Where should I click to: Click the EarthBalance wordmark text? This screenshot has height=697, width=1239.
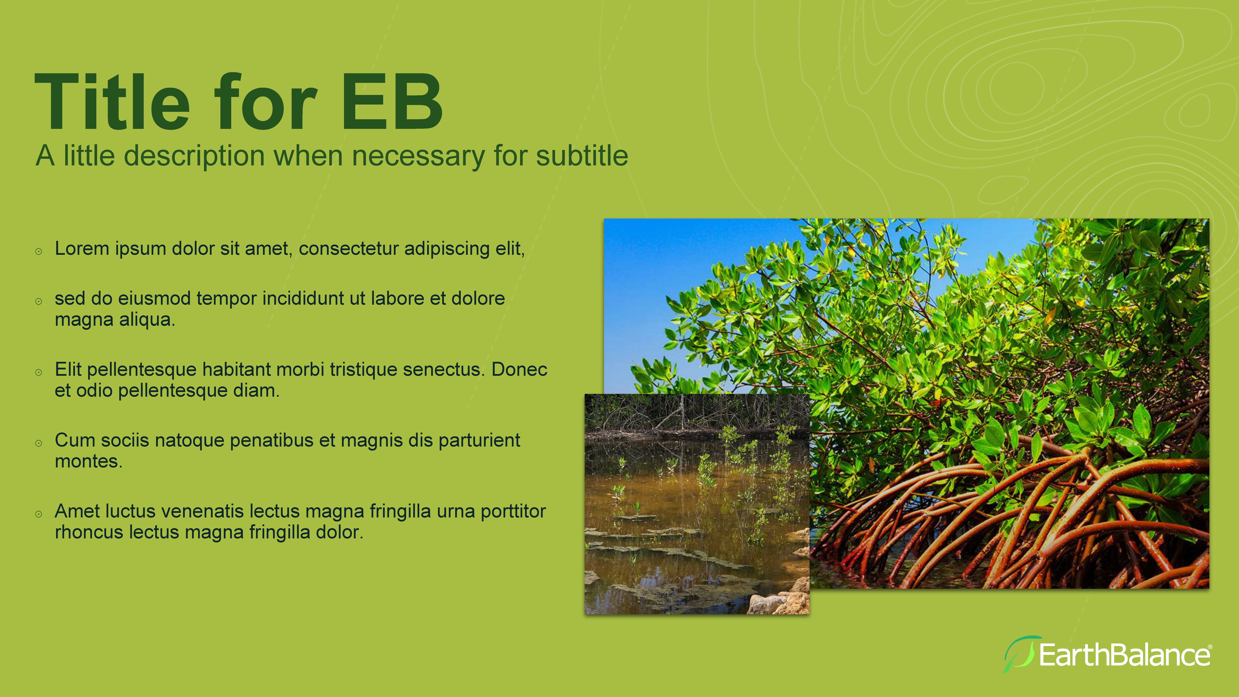[x=1125, y=655]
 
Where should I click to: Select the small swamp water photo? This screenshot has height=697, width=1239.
[x=697, y=504]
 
